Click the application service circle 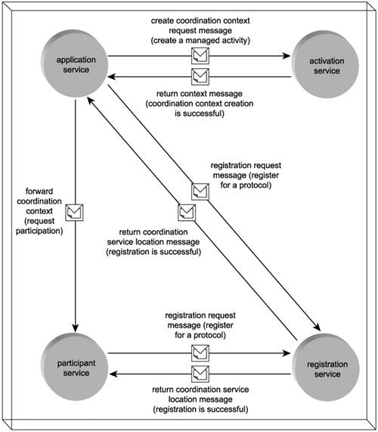click(x=75, y=64)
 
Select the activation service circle click(x=325, y=64)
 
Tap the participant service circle click(x=75, y=367)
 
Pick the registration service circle click(x=326, y=368)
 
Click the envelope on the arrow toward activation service click(x=200, y=56)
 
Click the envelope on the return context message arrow click(x=200, y=76)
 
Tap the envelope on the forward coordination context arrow click(x=74, y=213)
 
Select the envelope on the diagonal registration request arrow click(x=200, y=191)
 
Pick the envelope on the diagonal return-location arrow click(x=187, y=213)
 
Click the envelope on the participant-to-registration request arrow click(x=200, y=353)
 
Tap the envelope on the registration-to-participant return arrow click(x=200, y=374)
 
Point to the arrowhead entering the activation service click(x=287, y=56)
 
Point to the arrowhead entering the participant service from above click(x=75, y=328)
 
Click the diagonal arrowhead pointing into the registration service click(x=318, y=327)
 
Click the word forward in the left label click(x=39, y=191)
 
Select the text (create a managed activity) click(x=200, y=41)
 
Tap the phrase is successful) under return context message click(x=200, y=113)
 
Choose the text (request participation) click(x=39, y=226)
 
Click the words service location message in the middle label click(x=153, y=242)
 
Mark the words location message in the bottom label click(x=200, y=399)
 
